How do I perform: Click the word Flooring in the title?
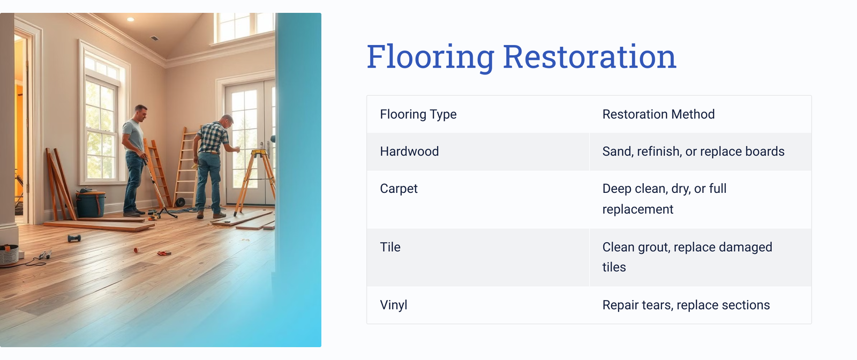[431, 57]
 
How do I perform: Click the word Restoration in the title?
[590, 57]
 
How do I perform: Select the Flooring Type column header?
[418, 115]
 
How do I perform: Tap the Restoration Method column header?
[658, 115]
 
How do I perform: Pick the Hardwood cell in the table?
[409, 152]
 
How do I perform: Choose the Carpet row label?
[399, 189]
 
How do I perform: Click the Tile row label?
[390, 247]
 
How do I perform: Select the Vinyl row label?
[394, 305]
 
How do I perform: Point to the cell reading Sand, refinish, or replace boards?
[693, 152]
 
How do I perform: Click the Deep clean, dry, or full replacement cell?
[665, 199]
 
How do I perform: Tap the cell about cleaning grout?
[687, 257]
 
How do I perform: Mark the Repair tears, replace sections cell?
[686, 305]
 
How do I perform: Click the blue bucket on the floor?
[91, 204]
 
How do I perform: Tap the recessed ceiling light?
[131, 19]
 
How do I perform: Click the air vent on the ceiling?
[154, 38]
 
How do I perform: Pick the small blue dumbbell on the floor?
[74, 238]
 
